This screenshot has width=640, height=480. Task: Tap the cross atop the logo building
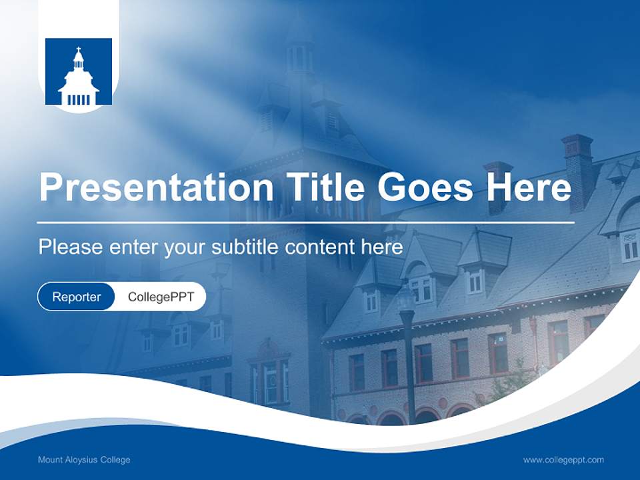click(x=79, y=50)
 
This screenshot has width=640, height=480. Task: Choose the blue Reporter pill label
click(x=77, y=297)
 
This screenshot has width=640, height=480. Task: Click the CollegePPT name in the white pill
click(x=161, y=297)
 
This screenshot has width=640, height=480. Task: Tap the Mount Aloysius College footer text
click(x=84, y=460)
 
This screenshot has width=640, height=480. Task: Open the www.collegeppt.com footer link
click(x=563, y=460)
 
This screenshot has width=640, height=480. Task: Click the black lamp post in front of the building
click(x=408, y=360)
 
